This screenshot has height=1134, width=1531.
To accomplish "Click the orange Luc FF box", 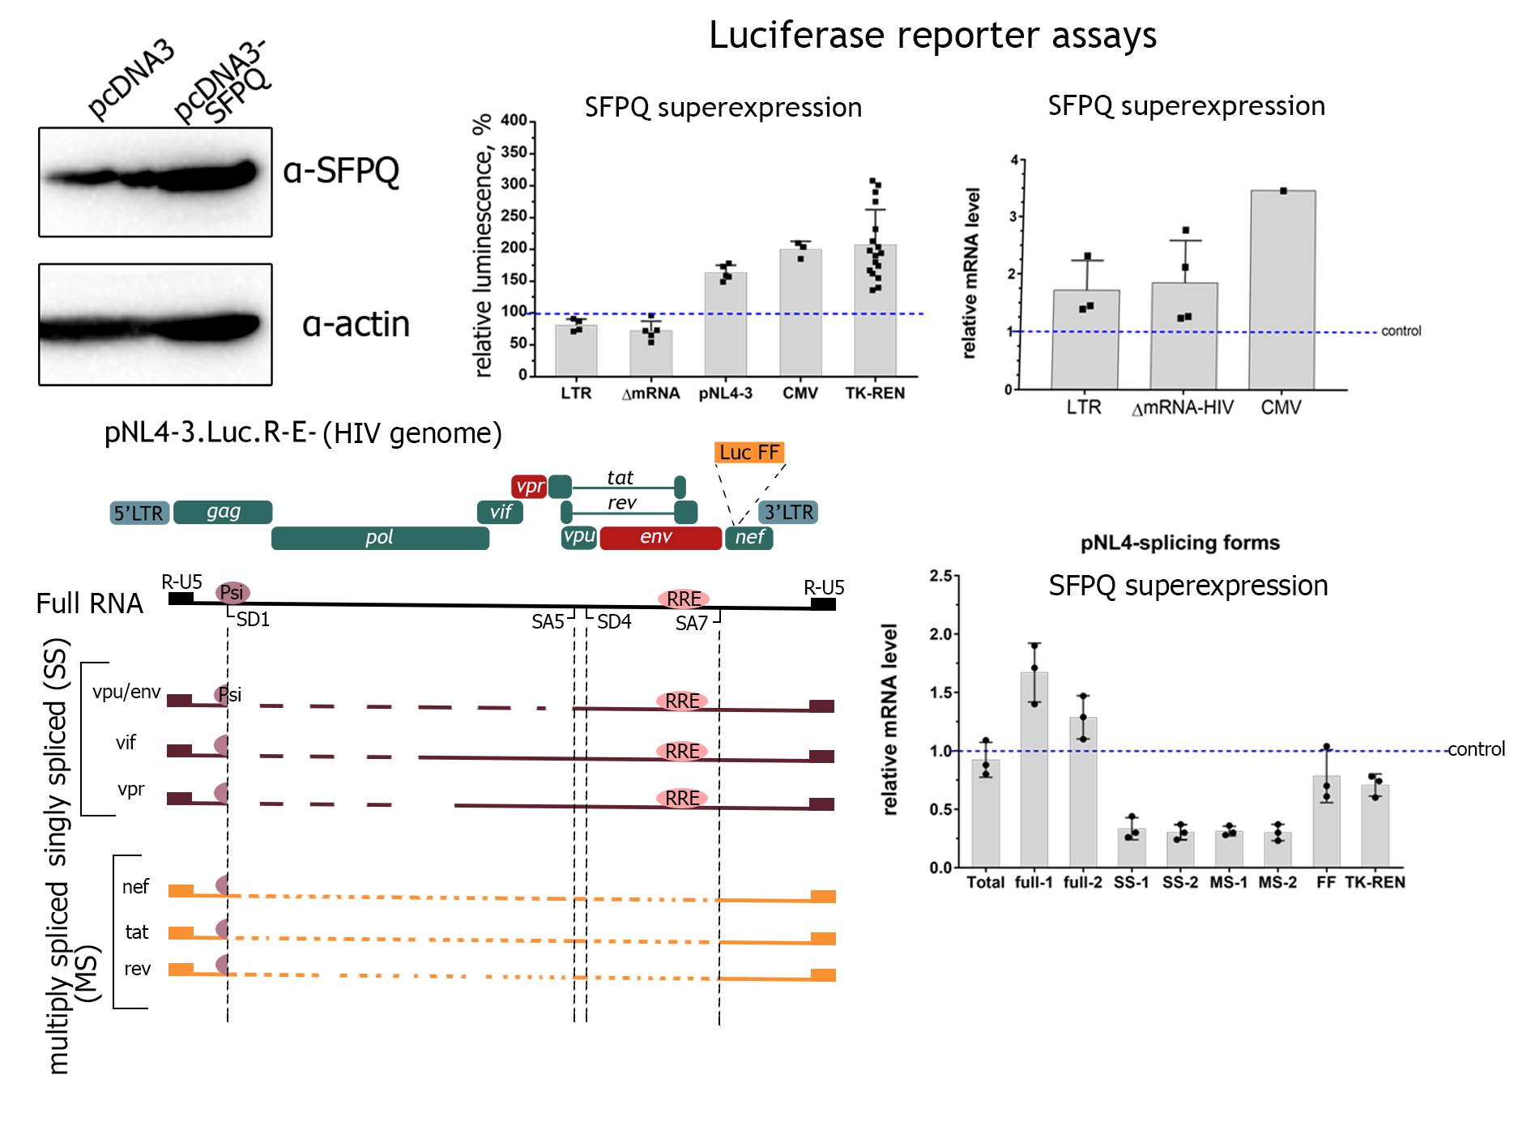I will (x=749, y=452).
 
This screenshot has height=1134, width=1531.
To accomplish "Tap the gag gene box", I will (x=223, y=512).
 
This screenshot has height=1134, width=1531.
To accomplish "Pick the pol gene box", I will (x=380, y=538).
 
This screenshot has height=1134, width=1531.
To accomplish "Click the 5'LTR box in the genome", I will (x=139, y=513).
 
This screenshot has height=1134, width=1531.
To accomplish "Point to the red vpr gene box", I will (x=530, y=487).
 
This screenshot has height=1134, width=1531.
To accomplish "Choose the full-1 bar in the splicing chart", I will (x=1034, y=769).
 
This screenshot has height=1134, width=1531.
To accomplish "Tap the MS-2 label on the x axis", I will (x=1277, y=882).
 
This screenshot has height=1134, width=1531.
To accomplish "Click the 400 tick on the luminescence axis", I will (x=514, y=121).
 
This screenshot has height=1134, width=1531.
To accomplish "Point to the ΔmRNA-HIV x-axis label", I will (x=1182, y=407).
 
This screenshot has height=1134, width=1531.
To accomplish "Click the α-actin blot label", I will (x=356, y=324).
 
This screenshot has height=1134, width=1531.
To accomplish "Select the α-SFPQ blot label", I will (x=341, y=171).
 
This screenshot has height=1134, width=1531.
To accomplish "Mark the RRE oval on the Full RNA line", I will (x=684, y=599).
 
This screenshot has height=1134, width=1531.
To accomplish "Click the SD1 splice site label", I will (x=253, y=620).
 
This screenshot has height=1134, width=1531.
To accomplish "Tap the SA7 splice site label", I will (x=691, y=623).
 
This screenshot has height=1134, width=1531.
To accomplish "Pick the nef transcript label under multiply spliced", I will (x=135, y=887).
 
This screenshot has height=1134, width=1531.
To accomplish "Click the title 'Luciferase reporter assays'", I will (x=932, y=36).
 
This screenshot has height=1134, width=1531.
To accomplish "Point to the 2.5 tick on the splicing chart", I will (x=940, y=576).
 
